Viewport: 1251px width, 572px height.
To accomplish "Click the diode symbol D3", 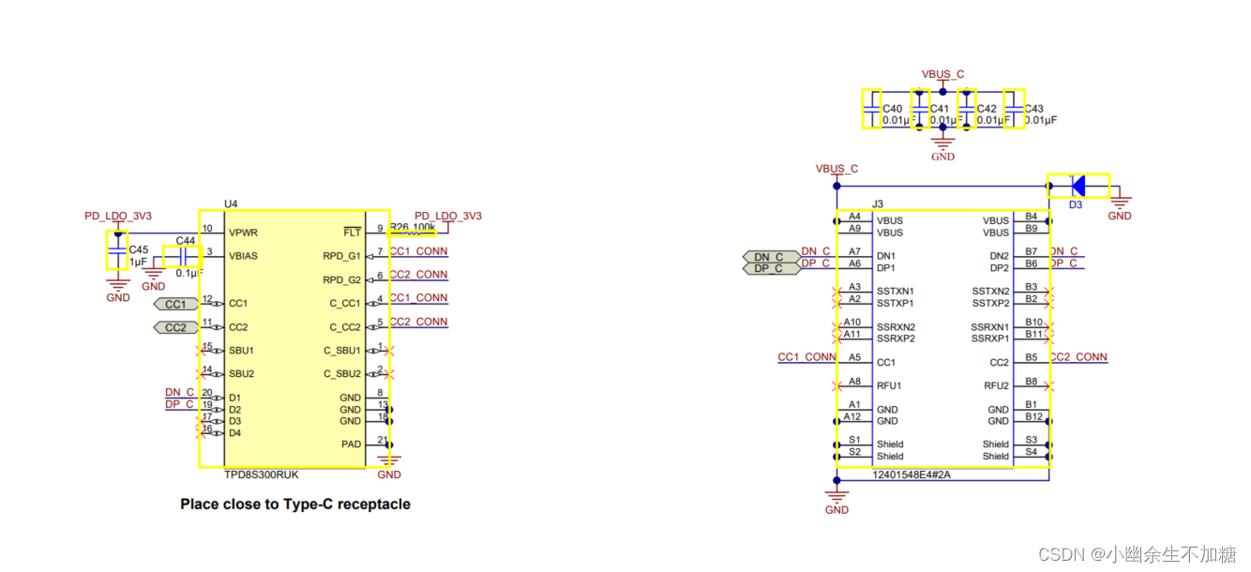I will tap(1078, 186).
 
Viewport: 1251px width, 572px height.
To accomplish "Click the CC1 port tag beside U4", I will tap(175, 304).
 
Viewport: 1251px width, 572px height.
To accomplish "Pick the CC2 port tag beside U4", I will tap(175, 327).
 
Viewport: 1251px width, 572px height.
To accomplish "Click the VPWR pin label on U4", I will tap(243, 233).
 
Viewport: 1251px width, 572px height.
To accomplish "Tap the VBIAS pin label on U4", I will tap(245, 255).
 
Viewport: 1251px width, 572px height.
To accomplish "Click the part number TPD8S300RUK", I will tap(263, 474).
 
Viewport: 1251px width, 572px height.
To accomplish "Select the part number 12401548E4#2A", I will tap(911, 474).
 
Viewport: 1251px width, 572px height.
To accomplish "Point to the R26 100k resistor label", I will tap(413, 228).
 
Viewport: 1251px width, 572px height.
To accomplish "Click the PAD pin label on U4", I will tap(350, 443).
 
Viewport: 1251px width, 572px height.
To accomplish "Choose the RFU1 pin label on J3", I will tap(889, 385).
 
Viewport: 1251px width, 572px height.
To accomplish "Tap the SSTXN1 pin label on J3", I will tap(896, 292).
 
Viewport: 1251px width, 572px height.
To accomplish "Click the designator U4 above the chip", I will tap(231, 203).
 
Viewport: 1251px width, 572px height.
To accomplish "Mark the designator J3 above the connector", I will tap(878, 203).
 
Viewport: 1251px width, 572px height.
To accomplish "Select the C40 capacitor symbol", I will tap(871, 109).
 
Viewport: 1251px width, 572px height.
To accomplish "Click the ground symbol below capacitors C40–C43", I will tap(942, 145).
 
